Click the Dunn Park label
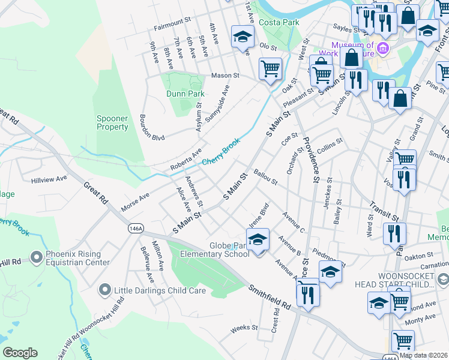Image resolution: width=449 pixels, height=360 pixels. pyautogui.click(x=185, y=94)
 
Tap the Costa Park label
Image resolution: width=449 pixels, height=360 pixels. pyautogui.click(x=279, y=22)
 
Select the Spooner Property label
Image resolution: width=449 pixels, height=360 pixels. pyautogui.click(x=112, y=122)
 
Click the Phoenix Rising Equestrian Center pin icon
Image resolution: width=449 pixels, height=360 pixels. pyautogui.click(x=36, y=257)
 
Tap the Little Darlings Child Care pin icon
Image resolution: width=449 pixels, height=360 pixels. pyautogui.click(x=106, y=291)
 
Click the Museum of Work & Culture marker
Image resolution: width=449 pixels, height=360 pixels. pyautogui.click(x=382, y=48)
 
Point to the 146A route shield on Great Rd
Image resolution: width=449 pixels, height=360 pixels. pyautogui.click(x=135, y=229)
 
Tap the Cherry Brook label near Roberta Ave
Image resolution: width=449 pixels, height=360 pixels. pyautogui.click(x=221, y=152)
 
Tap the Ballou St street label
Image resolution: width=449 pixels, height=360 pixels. pyautogui.click(x=265, y=179)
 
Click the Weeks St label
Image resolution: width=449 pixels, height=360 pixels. pyautogui.click(x=244, y=328)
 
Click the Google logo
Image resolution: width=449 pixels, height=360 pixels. pyautogui.click(x=20, y=353)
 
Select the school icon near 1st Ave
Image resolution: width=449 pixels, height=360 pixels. pyautogui.click(x=243, y=37)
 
